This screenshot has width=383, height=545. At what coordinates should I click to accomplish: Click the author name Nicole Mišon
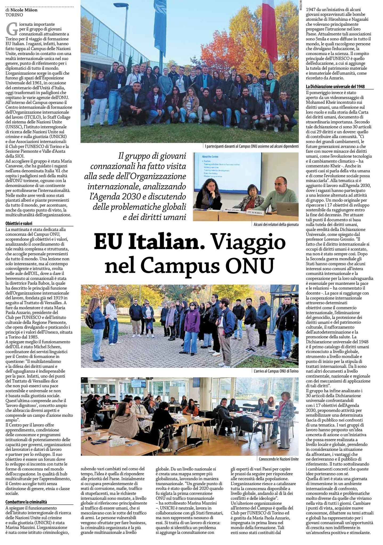tap(24, 10)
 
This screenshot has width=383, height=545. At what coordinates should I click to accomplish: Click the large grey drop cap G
tap(11, 29)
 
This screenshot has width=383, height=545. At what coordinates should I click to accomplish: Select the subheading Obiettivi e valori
tap(19, 224)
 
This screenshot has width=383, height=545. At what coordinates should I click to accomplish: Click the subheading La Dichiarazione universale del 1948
tap(335, 86)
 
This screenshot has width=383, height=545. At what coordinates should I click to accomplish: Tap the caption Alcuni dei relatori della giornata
tap(276, 225)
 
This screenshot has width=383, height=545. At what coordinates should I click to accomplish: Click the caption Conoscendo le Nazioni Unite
tap(279, 459)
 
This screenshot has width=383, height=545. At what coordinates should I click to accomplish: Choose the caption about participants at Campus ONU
tap(251, 146)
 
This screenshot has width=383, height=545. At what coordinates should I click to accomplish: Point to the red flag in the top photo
tap(269, 29)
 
